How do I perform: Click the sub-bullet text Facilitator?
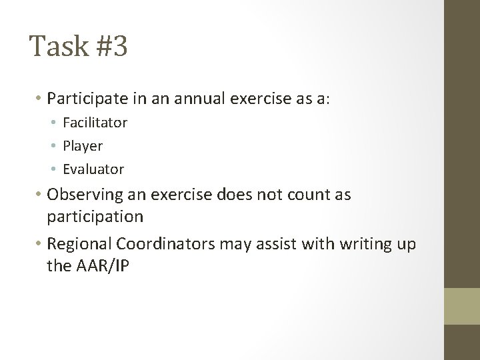95,123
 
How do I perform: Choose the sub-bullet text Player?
83,145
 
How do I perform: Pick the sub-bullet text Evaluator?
93,169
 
